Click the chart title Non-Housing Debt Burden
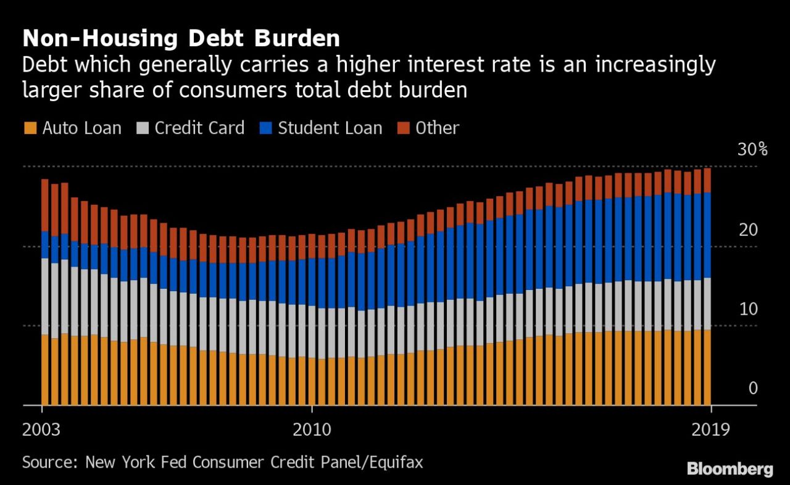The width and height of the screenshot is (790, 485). tap(181, 38)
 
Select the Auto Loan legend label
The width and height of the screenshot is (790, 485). tap(82, 128)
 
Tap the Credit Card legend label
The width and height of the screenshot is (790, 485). tap(199, 128)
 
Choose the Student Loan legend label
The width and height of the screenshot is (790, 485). tap(330, 128)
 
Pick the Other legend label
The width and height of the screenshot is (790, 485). tap(438, 128)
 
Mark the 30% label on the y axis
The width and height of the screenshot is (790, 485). tap(752, 150)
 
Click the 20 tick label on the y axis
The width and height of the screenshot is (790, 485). tap(747, 230)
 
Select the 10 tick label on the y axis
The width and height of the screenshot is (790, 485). tap(747, 309)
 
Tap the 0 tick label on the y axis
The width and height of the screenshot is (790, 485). tap(753, 388)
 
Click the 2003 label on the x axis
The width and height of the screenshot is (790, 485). tap(42, 429)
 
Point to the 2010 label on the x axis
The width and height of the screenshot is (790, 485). tap(312, 429)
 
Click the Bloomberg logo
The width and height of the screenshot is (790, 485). tap(731, 470)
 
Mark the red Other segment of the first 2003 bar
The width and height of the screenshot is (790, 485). tap(45, 205)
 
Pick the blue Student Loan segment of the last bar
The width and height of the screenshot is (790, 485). tap(707, 235)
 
